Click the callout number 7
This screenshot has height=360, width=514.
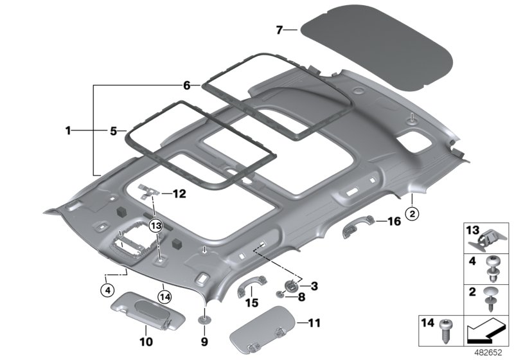(279, 30)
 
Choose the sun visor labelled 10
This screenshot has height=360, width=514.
(136, 307)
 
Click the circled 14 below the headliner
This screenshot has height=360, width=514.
(164, 296)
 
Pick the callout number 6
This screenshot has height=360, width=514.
(187, 85)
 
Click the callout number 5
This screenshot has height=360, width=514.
(113, 130)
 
